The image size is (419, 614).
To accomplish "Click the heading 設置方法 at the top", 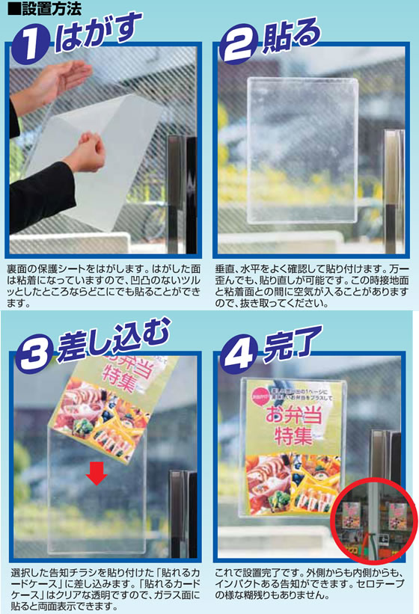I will (41, 9).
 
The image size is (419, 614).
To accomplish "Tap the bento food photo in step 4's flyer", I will (293, 482).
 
